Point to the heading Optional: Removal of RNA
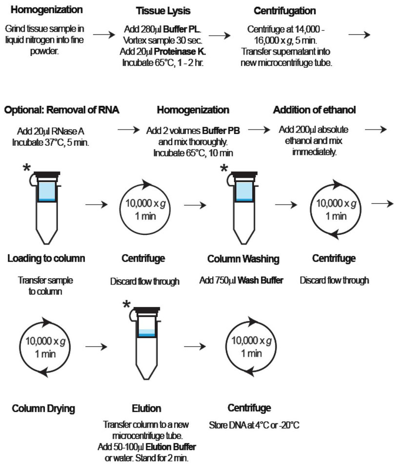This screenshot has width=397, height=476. pyautogui.click(x=61, y=110)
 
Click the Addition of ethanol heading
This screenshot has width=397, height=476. pyautogui.click(x=314, y=110)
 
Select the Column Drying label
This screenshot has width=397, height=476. pyautogui.click(x=43, y=408)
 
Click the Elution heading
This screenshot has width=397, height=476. pyautogui.click(x=147, y=408)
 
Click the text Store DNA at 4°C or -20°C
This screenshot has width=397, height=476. pyautogui.click(x=254, y=425)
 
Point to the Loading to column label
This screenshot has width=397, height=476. pyautogui.click(x=46, y=258)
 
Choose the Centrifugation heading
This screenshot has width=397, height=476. pyautogui.click(x=285, y=11)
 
